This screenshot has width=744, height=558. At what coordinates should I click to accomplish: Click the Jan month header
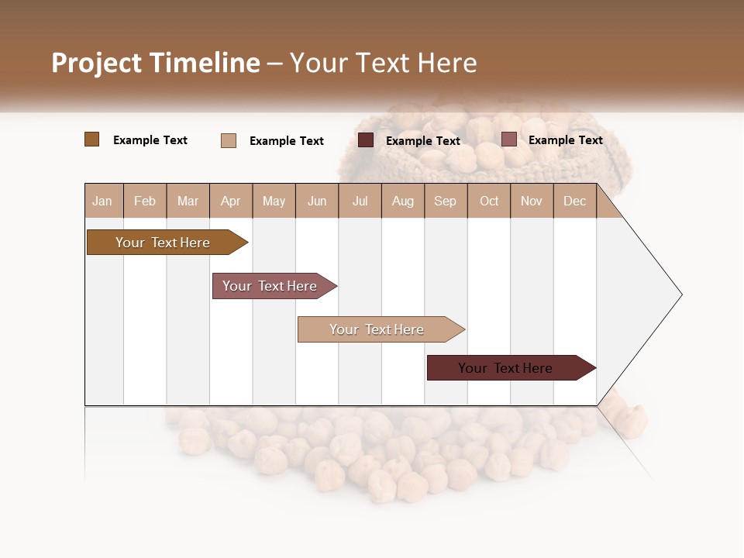coord(103,201)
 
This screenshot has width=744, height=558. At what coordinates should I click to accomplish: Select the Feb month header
coord(145,201)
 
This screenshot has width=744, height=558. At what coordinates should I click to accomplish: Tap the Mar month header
coord(188,201)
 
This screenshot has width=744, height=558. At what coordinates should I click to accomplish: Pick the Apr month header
coord(231,201)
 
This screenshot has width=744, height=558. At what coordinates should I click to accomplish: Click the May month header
coord(274,201)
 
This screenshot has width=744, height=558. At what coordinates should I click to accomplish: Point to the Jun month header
coord(317,201)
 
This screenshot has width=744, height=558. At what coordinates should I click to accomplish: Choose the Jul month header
coord(360,201)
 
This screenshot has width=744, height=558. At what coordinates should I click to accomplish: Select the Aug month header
coord(403,201)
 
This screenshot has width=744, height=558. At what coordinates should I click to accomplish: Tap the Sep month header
coord(446,201)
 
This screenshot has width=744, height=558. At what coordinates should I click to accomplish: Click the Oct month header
coord(489,201)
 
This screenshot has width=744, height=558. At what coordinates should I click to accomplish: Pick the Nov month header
coord(532,201)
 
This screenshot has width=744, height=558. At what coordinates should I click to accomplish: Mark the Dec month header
coord(575,201)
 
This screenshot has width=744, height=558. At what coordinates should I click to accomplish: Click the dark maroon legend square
coord(366,140)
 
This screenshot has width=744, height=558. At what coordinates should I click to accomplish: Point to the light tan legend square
coord(229,140)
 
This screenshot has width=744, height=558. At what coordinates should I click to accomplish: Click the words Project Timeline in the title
coord(156,63)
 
